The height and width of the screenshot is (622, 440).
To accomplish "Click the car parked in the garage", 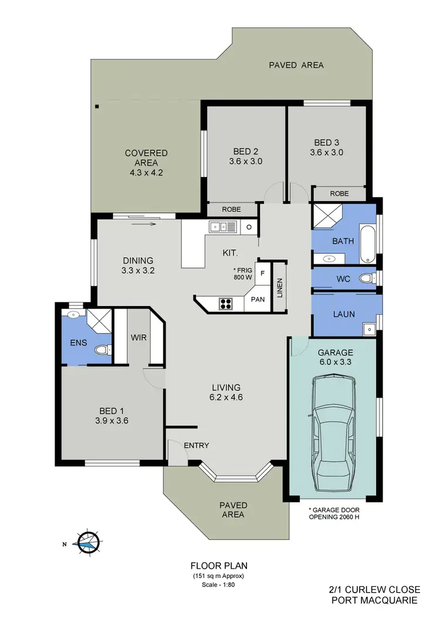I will (333, 433).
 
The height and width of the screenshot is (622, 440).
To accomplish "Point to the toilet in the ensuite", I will (103, 351).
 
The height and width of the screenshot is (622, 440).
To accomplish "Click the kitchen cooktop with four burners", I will (226, 303).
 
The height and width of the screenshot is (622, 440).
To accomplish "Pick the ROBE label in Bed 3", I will (339, 193).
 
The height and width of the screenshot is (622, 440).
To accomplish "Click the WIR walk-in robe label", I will (139, 337).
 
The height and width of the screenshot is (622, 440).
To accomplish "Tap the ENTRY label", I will (196, 446).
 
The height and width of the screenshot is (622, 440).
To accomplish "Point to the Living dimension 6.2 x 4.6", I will (226, 397).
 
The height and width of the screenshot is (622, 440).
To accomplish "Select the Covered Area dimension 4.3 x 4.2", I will (146, 173).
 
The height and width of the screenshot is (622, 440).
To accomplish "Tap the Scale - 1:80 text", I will (219, 584).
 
